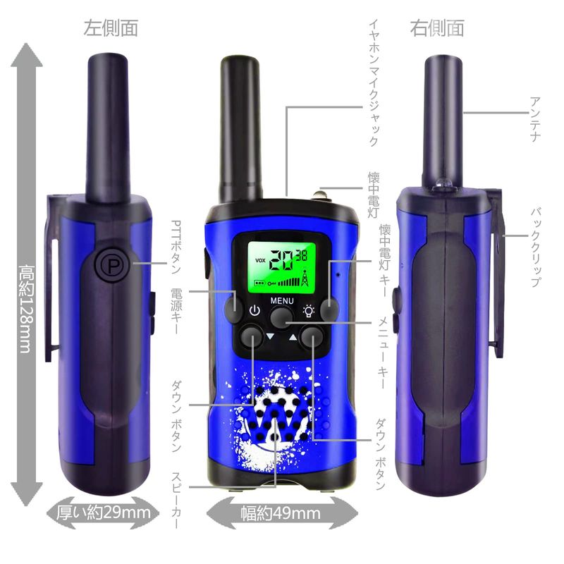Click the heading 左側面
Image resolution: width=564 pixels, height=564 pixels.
(x=111, y=28)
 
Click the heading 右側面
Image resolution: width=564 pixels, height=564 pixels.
(x=437, y=28)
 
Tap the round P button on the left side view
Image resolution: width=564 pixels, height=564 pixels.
(x=112, y=265)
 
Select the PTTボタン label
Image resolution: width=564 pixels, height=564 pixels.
(x=176, y=247)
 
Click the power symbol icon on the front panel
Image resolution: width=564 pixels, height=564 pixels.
(x=255, y=310)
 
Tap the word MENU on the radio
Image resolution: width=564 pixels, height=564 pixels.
(x=282, y=300)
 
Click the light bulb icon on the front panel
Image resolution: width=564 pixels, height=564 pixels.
(x=309, y=311)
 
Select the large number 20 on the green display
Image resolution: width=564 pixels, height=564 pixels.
(x=281, y=260)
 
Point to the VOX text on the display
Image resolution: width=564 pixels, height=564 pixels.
(x=260, y=260)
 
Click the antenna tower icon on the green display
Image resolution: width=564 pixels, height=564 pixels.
(x=305, y=277)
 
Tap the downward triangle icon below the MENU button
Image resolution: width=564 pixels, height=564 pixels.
(x=271, y=337)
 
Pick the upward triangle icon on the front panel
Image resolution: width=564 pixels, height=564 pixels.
(x=293, y=337)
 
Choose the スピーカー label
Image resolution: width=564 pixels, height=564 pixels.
(x=176, y=501)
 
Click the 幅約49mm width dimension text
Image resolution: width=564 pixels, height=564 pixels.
(x=281, y=513)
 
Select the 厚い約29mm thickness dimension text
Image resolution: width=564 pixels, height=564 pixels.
(x=104, y=513)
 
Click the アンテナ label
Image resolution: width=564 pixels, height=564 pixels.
(x=535, y=119)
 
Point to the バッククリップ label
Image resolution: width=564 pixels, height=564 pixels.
(x=535, y=247)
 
